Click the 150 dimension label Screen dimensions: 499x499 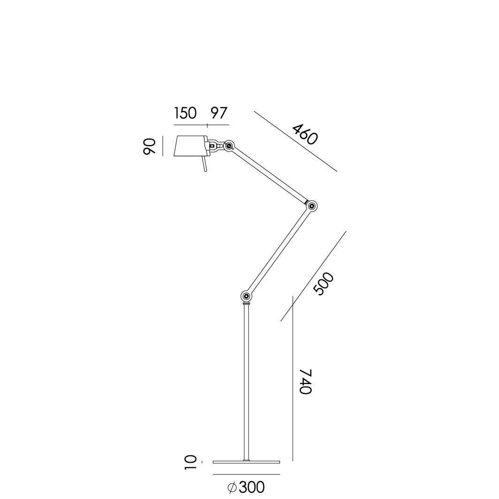[x=185, y=113]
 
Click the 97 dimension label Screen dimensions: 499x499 [x=218, y=113]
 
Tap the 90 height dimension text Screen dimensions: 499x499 [x=149, y=146]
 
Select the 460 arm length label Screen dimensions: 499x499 [x=305, y=134]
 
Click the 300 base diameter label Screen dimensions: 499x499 [x=251, y=488]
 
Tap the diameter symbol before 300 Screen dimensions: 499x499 [x=232, y=488]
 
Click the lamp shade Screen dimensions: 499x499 [x=190, y=146]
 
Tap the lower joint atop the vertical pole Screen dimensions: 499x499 [x=246, y=296]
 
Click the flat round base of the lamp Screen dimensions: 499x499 [x=246, y=462]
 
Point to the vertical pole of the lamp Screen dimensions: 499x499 [x=246, y=385]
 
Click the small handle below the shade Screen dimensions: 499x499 [x=204, y=166]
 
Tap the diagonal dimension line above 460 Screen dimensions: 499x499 [x=295, y=141]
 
